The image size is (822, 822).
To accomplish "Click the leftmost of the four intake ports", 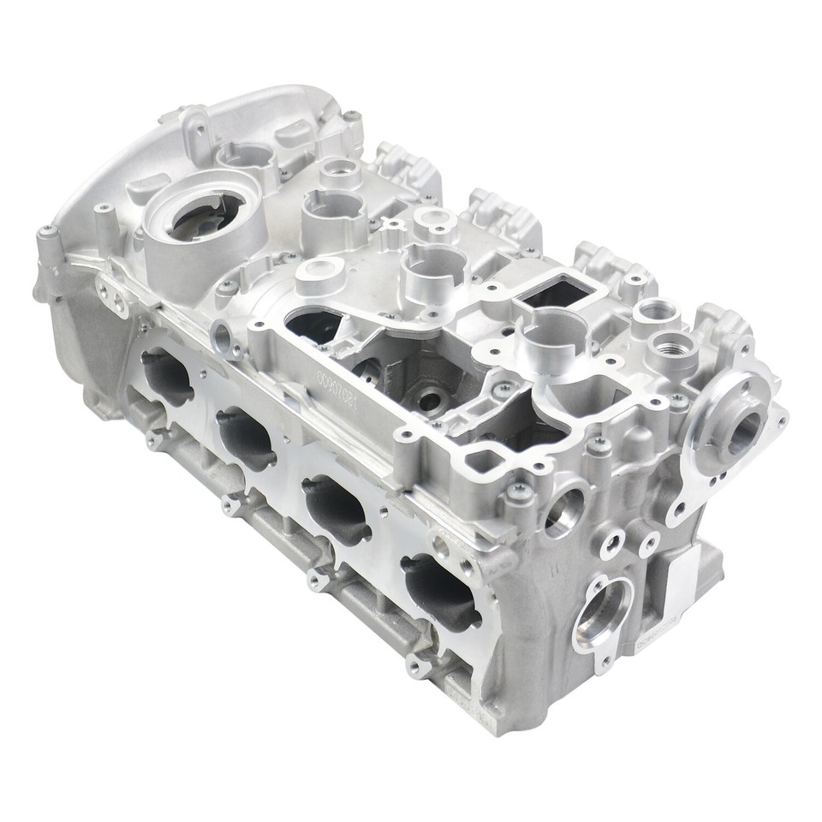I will tap(167, 377).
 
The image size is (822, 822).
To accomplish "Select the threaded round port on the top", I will tap(670, 346).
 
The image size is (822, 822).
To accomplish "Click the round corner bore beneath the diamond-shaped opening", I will tap(564, 510).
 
